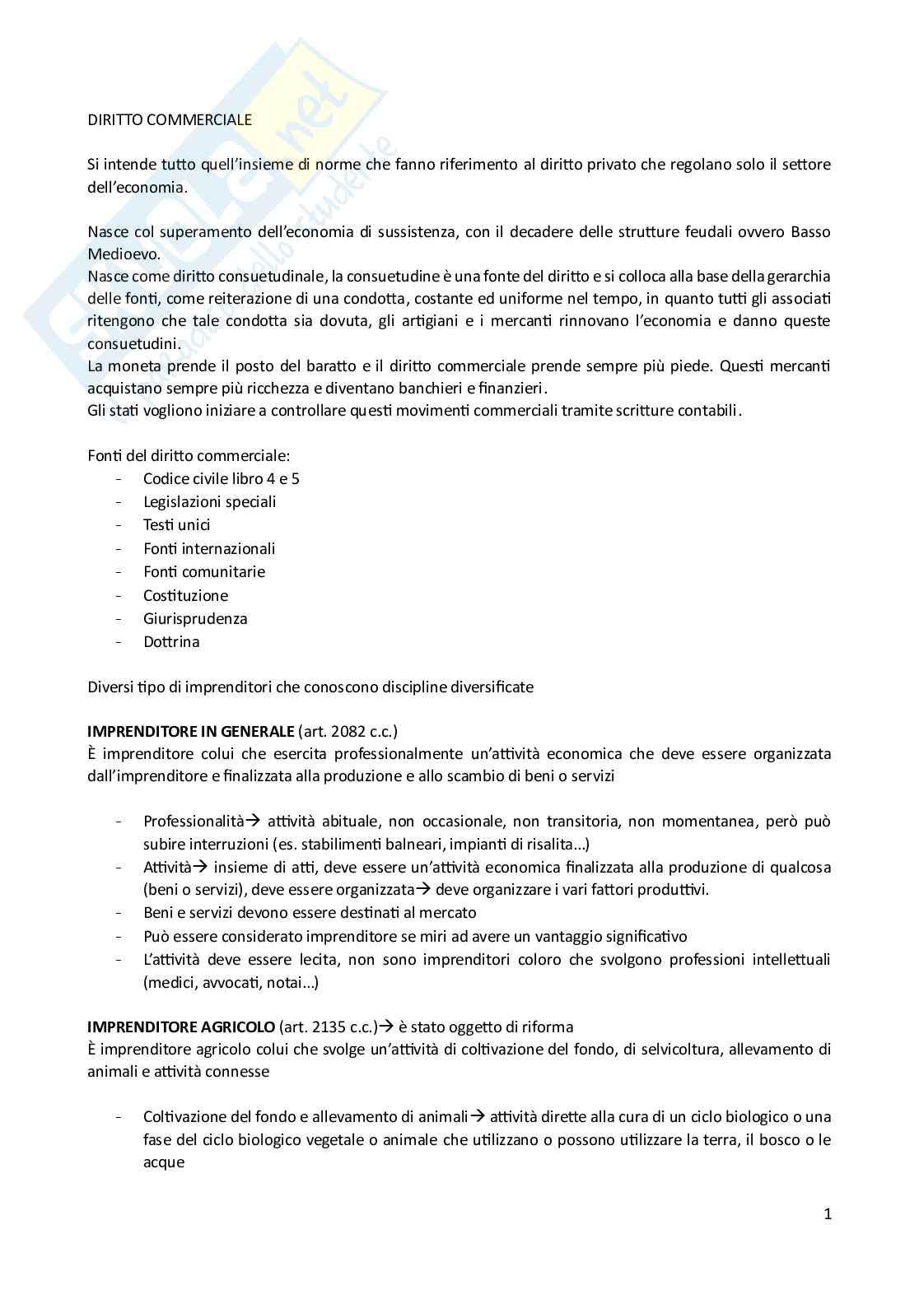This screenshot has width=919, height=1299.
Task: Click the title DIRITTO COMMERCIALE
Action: tap(170, 119)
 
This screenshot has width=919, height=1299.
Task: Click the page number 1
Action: tap(828, 1213)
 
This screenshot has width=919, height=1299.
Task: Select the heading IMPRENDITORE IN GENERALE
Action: tap(190, 731)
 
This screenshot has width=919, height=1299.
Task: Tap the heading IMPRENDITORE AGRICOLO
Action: tap(181, 1027)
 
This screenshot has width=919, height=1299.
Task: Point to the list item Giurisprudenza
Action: tap(195, 618)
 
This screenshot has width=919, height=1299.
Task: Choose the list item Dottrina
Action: tap(171, 641)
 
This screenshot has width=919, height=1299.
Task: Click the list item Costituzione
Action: tap(185, 595)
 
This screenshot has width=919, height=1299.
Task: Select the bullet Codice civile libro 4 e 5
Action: tap(221, 478)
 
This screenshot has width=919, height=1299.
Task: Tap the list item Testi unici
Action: tap(176, 524)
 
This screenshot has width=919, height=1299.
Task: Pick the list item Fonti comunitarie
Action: tap(203, 571)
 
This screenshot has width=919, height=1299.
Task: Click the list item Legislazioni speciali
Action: tap(209, 501)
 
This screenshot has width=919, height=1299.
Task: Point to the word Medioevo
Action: tap(124, 254)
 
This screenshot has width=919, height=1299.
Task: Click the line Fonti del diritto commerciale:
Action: tap(189, 455)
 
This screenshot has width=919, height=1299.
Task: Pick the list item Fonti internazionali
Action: tap(209, 548)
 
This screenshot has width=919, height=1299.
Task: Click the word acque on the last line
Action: tap(163, 1162)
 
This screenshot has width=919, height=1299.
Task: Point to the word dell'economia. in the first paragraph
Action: tap(137, 187)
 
